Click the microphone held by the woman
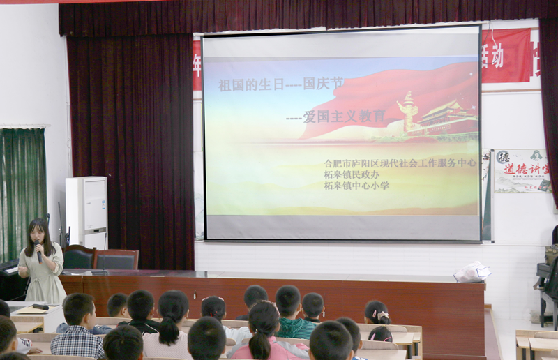click(38, 250)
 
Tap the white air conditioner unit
click(86, 212)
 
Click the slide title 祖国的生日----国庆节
click(281, 84)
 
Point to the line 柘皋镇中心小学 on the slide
click(356, 186)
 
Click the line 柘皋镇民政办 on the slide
click(352, 174)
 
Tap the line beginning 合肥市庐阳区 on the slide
click(400, 163)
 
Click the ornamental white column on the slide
click(409, 112)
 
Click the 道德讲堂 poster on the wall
click(522, 170)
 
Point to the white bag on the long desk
click(472, 271)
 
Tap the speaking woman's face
click(37, 232)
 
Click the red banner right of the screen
click(506, 56)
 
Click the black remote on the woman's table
click(40, 306)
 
